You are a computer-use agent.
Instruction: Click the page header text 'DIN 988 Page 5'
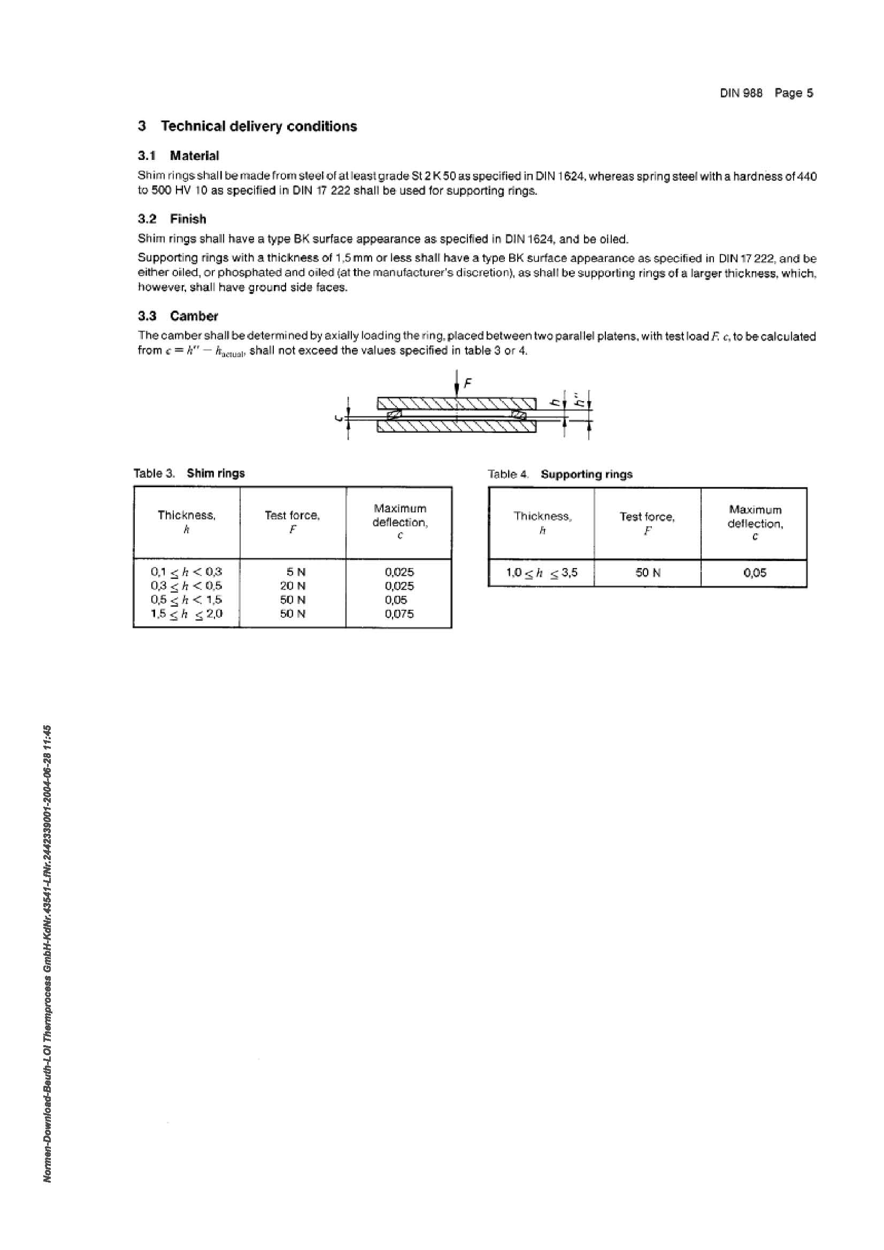[x=766, y=93]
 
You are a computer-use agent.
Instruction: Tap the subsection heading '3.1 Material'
[x=178, y=156]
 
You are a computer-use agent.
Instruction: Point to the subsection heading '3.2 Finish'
[x=172, y=219]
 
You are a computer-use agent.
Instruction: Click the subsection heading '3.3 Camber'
[x=178, y=316]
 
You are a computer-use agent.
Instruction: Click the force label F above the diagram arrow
[x=467, y=384]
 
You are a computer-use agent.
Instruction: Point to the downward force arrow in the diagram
[x=457, y=384]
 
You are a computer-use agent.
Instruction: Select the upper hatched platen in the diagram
[x=457, y=403]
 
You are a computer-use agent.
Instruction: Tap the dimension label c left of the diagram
[x=338, y=418]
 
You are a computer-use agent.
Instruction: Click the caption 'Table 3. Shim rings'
[x=189, y=473]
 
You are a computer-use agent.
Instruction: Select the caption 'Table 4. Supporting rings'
[x=559, y=474]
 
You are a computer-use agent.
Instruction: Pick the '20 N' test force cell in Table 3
[x=293, y=586]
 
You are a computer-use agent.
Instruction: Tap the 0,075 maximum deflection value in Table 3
[x=399, y=614]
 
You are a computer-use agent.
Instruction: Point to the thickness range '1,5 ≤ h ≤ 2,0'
[x=186, y=614]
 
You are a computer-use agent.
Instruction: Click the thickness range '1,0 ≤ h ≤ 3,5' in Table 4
[x=542, y=573]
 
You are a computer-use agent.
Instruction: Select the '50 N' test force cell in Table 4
[x=648, y=573]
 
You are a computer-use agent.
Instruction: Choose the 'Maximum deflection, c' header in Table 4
[x=755, y=523]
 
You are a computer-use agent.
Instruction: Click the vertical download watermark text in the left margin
[x=48, y=953]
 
